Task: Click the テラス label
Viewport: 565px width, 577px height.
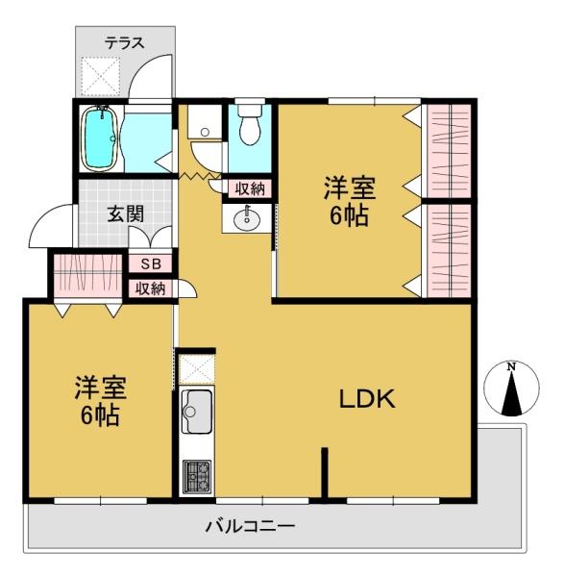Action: click(124, 42)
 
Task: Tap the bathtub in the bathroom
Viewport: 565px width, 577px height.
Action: click(99, 137)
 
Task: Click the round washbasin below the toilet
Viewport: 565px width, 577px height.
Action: click(248, 219)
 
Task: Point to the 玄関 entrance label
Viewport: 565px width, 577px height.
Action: click(127, 212)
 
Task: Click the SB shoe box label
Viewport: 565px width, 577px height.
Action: click(151, 263)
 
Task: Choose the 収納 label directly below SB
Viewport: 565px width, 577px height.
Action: click(151, 287)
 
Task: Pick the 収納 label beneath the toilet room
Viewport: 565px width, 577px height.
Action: click(250, 188)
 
